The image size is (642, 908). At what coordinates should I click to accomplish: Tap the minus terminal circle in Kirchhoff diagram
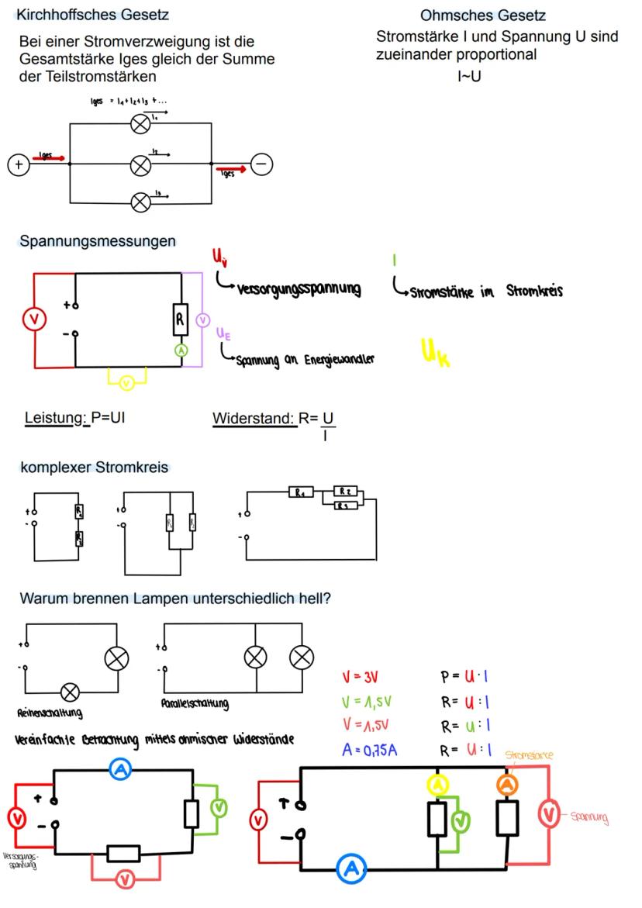(x=261, y=164)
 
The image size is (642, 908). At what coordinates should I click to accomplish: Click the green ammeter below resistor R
(x=181, y=350)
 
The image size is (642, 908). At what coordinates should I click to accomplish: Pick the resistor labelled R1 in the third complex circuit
(x=299, y=492)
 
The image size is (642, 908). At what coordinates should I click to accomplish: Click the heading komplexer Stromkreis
(x=93, y=468)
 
